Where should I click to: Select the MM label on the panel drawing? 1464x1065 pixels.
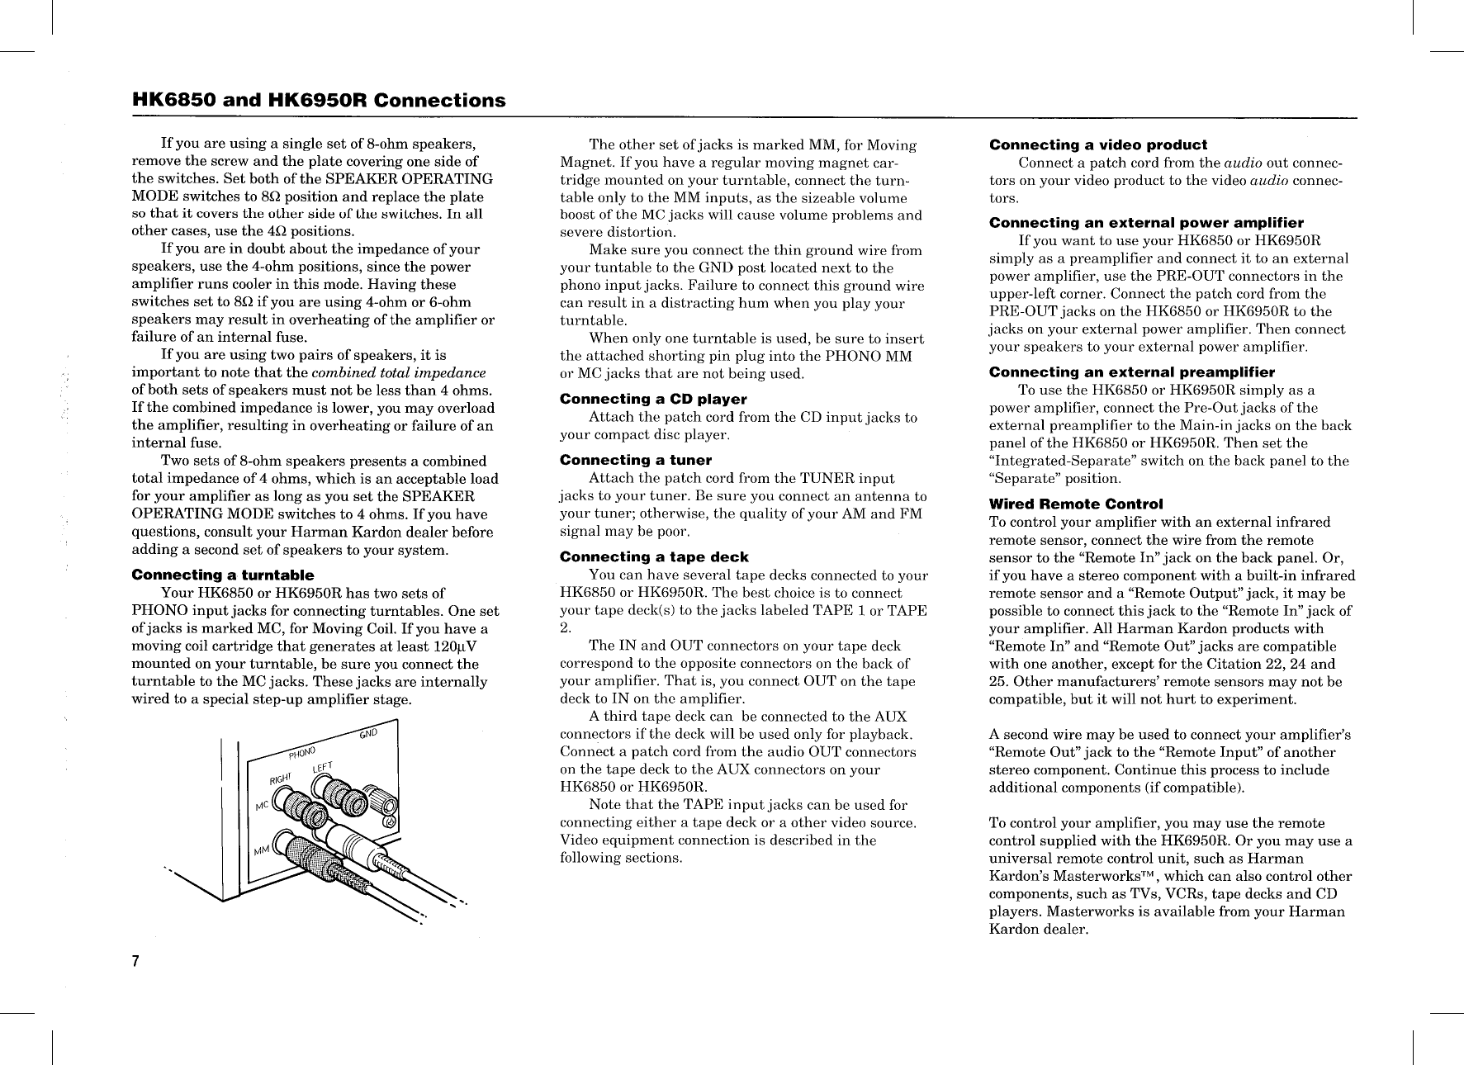coord(262,850)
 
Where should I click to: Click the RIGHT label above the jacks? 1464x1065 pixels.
coord(282,779)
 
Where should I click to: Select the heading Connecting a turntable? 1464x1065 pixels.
coord(223,575)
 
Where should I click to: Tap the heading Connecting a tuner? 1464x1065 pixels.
coord(635,460)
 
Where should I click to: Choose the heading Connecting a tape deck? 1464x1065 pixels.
coord(654,557)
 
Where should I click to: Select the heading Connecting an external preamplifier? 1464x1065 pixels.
coord(1131,372)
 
